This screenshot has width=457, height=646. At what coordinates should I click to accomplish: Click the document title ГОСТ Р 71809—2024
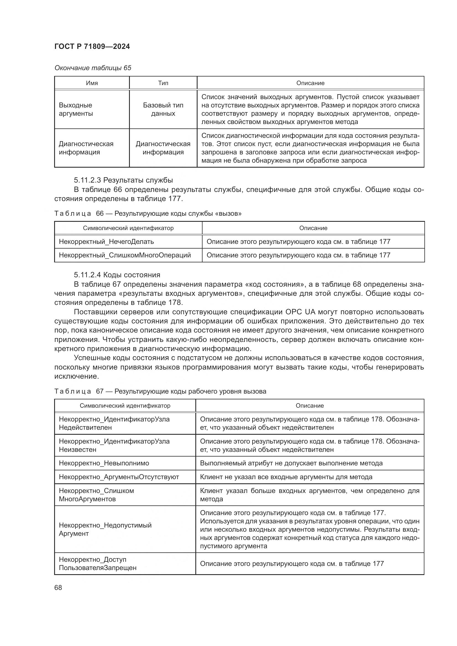(x=92, y=46)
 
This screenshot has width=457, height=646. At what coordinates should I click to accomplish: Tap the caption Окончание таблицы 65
(x=93, y=68)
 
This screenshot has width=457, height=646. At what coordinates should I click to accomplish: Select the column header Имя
(x=92, y=83)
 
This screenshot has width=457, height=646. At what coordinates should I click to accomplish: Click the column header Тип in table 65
(x=163, y=83)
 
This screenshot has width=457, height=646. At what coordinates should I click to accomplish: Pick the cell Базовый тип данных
(x=163, y=109)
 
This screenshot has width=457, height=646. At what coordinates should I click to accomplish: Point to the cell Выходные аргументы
(x=75, y=109)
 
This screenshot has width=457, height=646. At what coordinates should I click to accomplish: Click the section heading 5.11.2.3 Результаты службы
(x=123, y=180)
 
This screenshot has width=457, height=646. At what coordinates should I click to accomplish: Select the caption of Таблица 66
(x=148, y=213)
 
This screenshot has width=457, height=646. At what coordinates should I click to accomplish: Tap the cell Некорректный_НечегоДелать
(x=106, y=241)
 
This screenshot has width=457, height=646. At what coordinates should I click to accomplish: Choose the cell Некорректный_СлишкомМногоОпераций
(x=125, y=255)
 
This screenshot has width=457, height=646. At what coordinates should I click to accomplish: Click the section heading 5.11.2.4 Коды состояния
(x=117, y=275)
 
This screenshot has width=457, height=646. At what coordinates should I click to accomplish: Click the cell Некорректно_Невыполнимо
(x=104, y=463)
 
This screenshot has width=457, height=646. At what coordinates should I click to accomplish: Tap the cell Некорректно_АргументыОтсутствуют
(x=119, y=477)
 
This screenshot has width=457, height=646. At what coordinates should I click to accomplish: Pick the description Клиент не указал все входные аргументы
(x=286, y=477)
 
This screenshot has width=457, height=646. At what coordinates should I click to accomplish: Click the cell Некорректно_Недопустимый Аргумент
(x=105, y=529)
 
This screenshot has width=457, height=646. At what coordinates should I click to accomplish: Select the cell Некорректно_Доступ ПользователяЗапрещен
(x=97, y=564)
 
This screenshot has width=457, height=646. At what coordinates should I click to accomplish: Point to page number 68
(x=58, y=588)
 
